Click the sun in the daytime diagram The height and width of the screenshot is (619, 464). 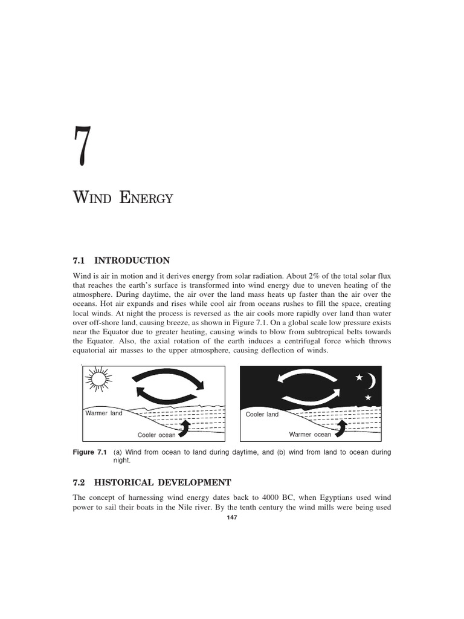pyautogui.click(x=98, y=380)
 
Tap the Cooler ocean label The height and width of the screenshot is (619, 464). pyautogui.click(x=156, y=435)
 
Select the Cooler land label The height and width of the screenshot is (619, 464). pyautogui.click(x=262, y=414)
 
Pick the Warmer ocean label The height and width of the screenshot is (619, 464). pyautogui.click(x=310, y=434)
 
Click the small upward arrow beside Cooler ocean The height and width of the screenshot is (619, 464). pyautogui.click(x=185, y=428)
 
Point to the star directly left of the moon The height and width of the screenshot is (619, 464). pyautogui.click(x=359, y=378)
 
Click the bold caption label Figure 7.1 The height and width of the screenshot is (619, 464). pyautogui.click(x=89, y=452)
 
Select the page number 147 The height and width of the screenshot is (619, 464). pyautogui.click(x=231, y=519)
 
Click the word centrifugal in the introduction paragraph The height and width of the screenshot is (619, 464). pyautogui.click(x=273, y=342)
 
